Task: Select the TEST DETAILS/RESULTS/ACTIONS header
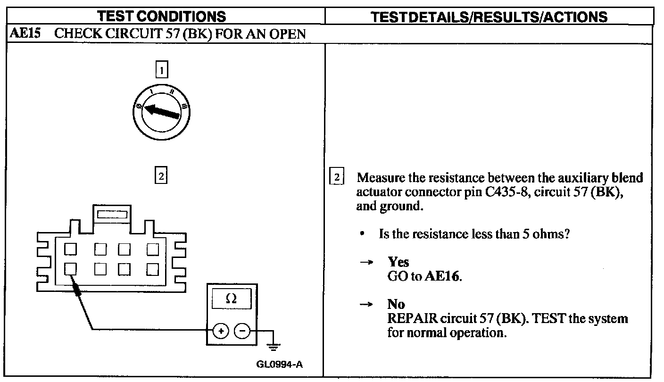click(489, 17)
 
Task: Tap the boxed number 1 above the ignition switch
click(161, 71)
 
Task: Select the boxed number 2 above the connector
click(161, 176)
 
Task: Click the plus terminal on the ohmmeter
click(220, 331)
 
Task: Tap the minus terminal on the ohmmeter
click(242, 331)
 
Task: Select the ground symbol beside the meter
click(273, 347)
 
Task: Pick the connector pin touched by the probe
click(70, 269)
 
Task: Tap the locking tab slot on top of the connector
click(112, 215)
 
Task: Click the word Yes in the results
click(398, 262)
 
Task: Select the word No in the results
click(396, 304)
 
